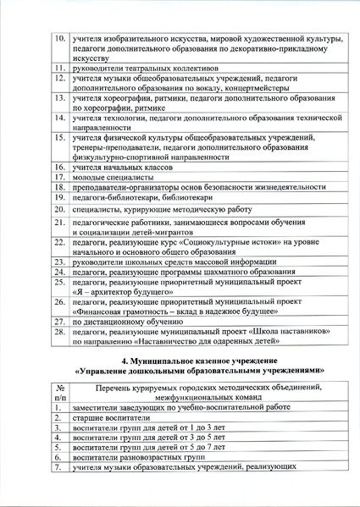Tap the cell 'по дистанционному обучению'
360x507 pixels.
(127, 322)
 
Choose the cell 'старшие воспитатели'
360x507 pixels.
(111, 418)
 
